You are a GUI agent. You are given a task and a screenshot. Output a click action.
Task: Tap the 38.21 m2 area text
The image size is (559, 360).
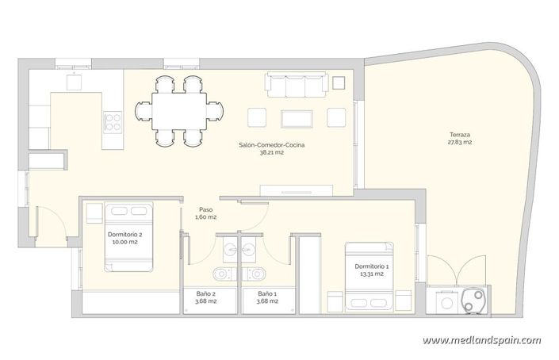pyautogui.click(x=271, y=152)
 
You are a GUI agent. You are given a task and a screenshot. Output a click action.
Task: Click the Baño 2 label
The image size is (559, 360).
pyautogui.click(x=206, y=293)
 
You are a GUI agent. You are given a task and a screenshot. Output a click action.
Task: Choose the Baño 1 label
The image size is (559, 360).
pyautogui.click(x=267, y=293)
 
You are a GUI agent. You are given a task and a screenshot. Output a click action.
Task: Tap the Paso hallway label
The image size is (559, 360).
pyautogui.click(x=205, y=209)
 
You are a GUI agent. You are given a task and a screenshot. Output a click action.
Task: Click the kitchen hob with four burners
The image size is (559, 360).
pyautogui.click(x=113, y=121)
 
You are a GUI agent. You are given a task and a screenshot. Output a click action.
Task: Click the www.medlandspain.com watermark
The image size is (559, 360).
pyautogui.click(x=481, y=341)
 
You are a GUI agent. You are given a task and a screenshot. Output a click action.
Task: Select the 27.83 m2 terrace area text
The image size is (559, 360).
pyautogui.click(x=458, y=144)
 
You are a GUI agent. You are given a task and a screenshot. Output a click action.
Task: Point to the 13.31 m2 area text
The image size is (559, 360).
pyautogui.click(x=370, y=274)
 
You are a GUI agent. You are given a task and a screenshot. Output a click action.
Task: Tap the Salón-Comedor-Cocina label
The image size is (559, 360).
pyautogui.click(x=271, y=144)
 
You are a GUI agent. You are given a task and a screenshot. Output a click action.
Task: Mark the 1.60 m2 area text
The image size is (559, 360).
pyautogui.click(x=205, y=217)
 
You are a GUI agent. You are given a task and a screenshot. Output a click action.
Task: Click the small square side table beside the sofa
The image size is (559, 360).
pyautogui.click(x=339, y=81)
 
